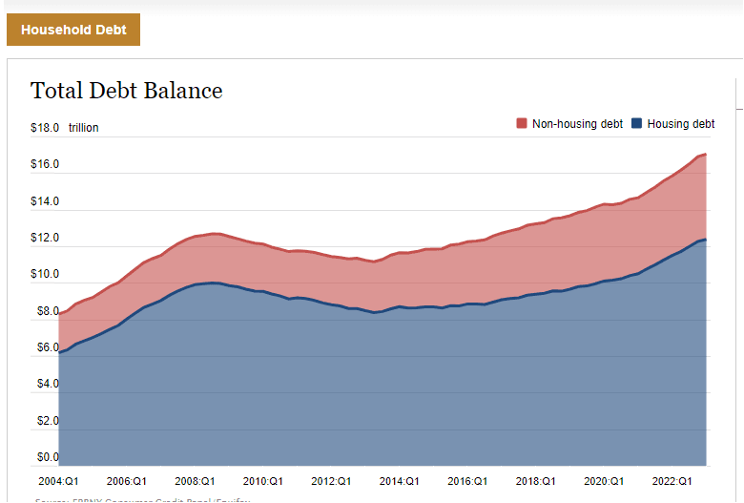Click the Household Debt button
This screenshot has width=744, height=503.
[x=73, y=30]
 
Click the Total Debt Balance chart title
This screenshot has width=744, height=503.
[x=126, y=91]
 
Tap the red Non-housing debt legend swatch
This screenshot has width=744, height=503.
[x=522, y=124]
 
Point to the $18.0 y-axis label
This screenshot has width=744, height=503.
[x=45, y=128]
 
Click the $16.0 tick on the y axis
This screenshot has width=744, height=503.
[x=45, y=164]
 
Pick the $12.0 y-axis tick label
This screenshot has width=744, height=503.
[x=45, y=238]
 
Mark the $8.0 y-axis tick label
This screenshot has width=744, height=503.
[x=45, y=311]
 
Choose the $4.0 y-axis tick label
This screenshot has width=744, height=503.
[x=45, y=384]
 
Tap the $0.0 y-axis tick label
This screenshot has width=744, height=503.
[x=45, y=457]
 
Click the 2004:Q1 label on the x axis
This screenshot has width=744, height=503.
[x=59, y=481]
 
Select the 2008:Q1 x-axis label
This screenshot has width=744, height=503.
[x=195, y=481]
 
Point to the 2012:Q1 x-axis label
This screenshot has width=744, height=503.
[x=331, y=481]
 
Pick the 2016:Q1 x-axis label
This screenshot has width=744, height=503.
[x=467, y=481]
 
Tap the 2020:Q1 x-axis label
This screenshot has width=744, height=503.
[x=604, y=481]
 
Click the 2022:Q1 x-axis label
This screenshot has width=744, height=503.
[x=672, y=481]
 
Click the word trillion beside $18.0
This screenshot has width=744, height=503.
[x=83, y=128]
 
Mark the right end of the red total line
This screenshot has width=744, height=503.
[x=705, y=154]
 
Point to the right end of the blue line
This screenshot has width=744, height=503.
[x=705, y=240]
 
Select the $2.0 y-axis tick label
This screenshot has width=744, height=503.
[x=45, y=421]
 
